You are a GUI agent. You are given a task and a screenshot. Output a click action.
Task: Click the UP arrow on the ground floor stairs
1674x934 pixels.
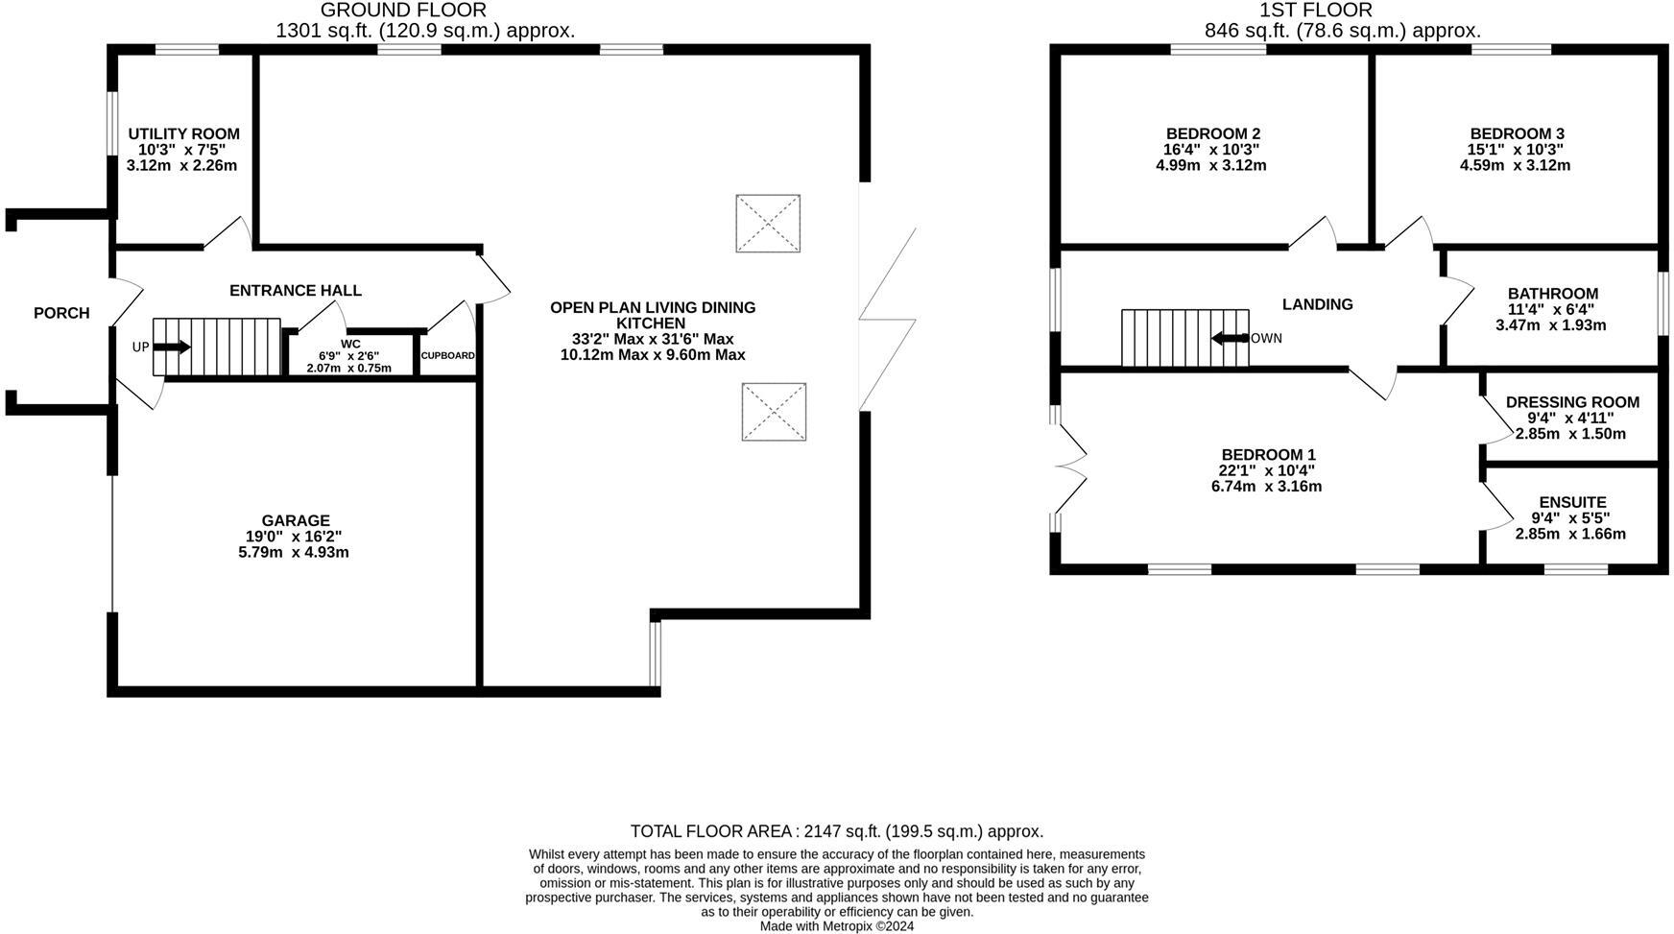pos(172,347)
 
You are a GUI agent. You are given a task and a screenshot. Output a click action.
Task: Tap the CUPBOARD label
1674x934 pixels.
pos(447,355)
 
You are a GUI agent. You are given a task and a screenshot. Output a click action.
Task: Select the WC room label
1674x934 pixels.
pos(350,344)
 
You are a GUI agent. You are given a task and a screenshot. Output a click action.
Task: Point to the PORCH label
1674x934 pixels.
pos(61,313)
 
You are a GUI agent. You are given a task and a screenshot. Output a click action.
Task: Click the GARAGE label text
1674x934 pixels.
pos(296,520)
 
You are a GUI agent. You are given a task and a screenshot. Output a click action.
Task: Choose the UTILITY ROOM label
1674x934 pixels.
pos(183,133)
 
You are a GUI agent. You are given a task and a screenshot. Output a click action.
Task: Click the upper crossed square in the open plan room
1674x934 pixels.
pos(768,224)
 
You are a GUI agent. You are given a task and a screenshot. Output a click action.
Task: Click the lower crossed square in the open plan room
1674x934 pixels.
pos(774,412)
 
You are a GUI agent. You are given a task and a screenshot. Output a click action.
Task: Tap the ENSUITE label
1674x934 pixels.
pos(1572,502)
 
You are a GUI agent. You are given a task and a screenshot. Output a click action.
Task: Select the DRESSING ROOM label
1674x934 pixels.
pos(1572,402)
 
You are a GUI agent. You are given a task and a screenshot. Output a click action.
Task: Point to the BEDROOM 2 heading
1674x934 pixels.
pos(1212,133)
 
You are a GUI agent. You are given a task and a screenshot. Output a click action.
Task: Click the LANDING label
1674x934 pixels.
pos(1317,304)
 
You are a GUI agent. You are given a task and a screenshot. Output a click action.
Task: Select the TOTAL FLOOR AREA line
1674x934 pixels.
pos(836,831)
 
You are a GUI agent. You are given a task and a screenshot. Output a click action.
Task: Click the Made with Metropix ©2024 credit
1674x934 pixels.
pos(836,926)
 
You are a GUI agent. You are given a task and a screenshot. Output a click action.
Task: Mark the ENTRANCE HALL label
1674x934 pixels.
pos(296,290)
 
